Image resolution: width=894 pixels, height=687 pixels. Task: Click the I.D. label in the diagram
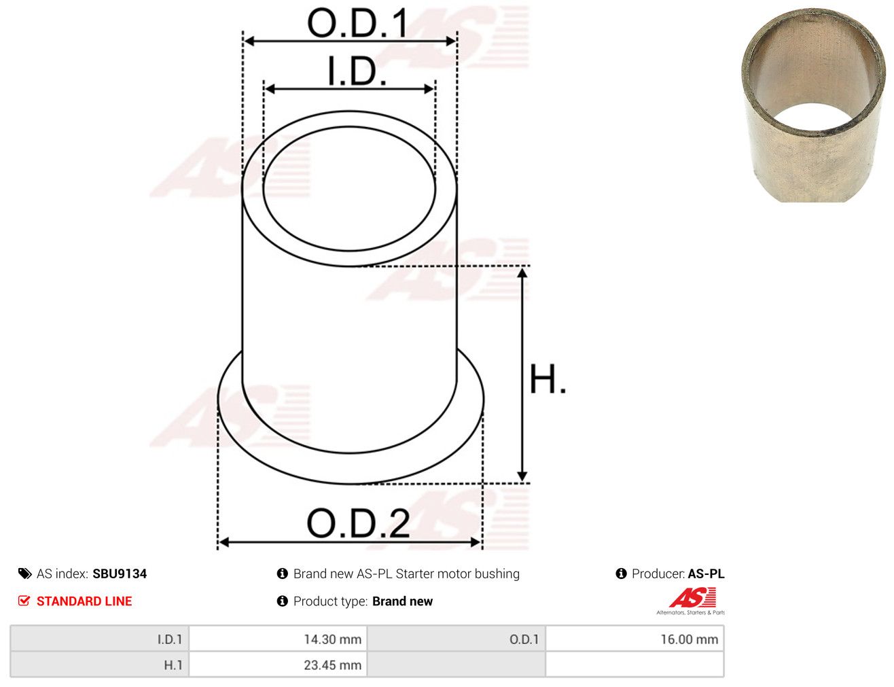coord(357,71)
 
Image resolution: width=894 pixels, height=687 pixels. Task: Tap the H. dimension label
coord(547,379)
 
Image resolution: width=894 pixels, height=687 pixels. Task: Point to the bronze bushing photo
coord(813,105)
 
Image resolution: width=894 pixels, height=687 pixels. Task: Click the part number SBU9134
coord(120,574)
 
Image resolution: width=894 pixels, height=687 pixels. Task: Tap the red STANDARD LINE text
coord(84,601)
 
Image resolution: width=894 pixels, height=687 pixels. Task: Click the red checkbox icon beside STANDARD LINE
coord(24,601)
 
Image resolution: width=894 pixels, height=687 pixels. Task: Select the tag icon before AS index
coord(24,574)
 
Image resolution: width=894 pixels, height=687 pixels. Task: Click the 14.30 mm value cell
coord(278,639)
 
